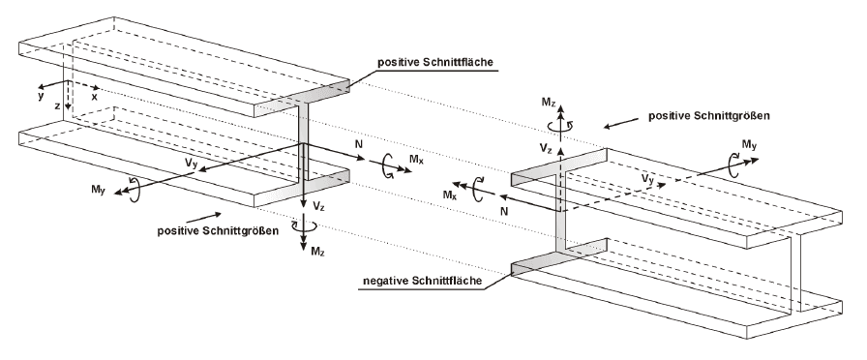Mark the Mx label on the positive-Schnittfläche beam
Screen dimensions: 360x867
click(x=416, y=169)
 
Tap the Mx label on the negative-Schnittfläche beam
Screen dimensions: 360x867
click(x=451, y=195)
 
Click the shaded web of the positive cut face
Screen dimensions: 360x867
click(x=303, y=145)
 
